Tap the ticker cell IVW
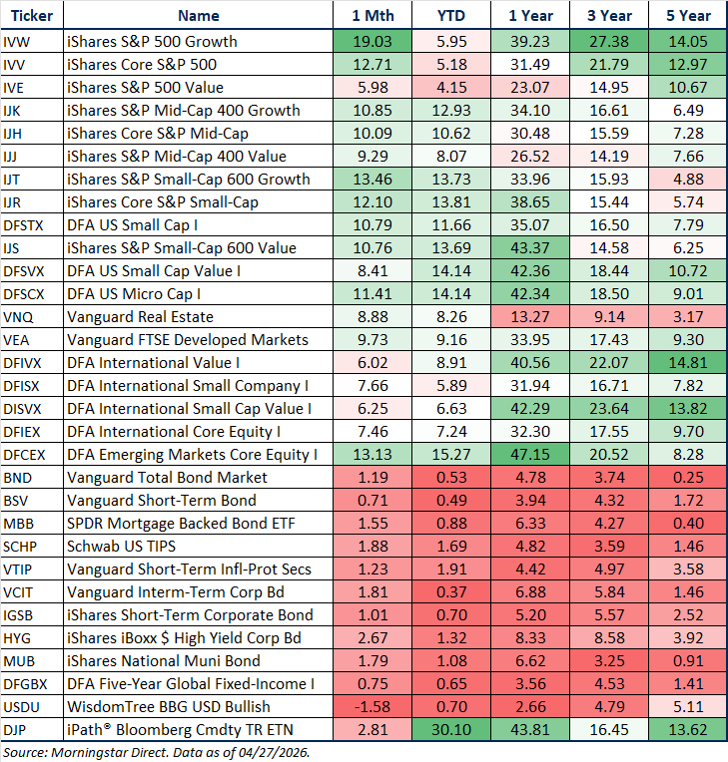point(15,42)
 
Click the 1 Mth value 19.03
point(376,42)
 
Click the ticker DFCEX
point(24,455)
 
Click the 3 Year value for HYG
point(609,638)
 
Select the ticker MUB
point(18,661)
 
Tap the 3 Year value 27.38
point(609,42)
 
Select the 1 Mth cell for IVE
point(376,88)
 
